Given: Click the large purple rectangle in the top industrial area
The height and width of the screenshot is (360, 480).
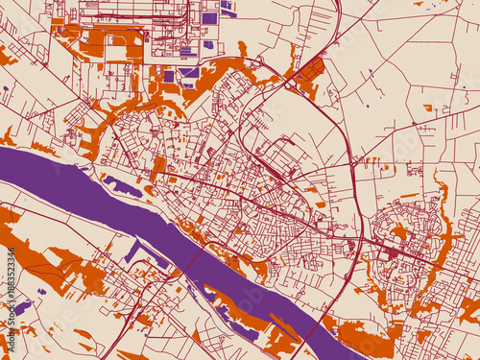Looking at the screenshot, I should pyautogui.click(x=209, y=17).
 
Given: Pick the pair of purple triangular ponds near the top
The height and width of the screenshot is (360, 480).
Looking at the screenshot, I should pyautogui.click(x=228, y=8).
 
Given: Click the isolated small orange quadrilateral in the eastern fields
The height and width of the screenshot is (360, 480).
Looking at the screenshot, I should pyautogui.click(x=426, y=108).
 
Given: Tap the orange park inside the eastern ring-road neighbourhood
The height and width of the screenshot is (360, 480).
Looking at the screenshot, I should pyautogui.click(x=399, y=231).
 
